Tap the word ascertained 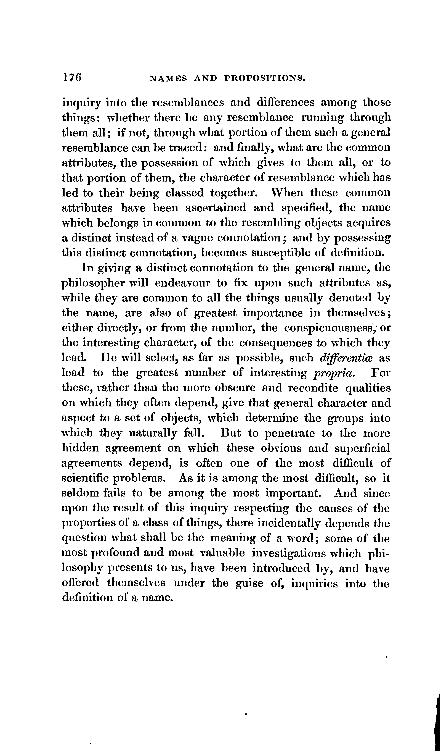pos(216,208)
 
